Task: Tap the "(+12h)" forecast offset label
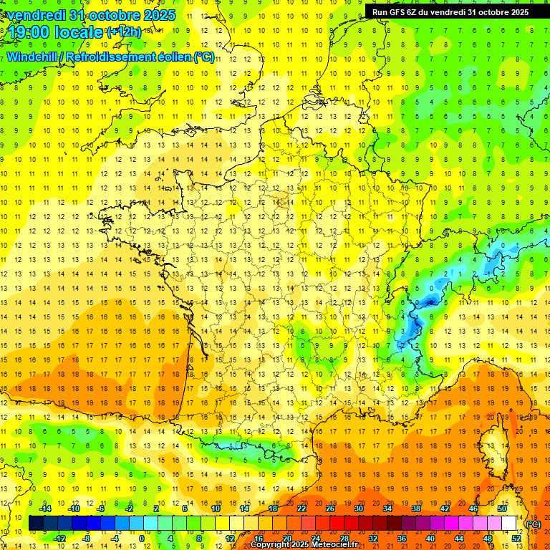pos(124,32)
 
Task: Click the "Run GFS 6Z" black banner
pos(450,11)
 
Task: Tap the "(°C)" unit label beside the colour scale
pos(534,524)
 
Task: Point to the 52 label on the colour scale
pos(516,539)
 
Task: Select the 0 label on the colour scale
pos(142,539)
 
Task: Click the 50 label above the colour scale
pos(501,508)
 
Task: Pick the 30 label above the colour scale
pos(359,508)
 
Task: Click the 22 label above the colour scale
pos(301,508)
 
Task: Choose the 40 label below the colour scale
pos(430,539)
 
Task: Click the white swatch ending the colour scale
pos(509,524)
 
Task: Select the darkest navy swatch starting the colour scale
pos(36,524)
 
